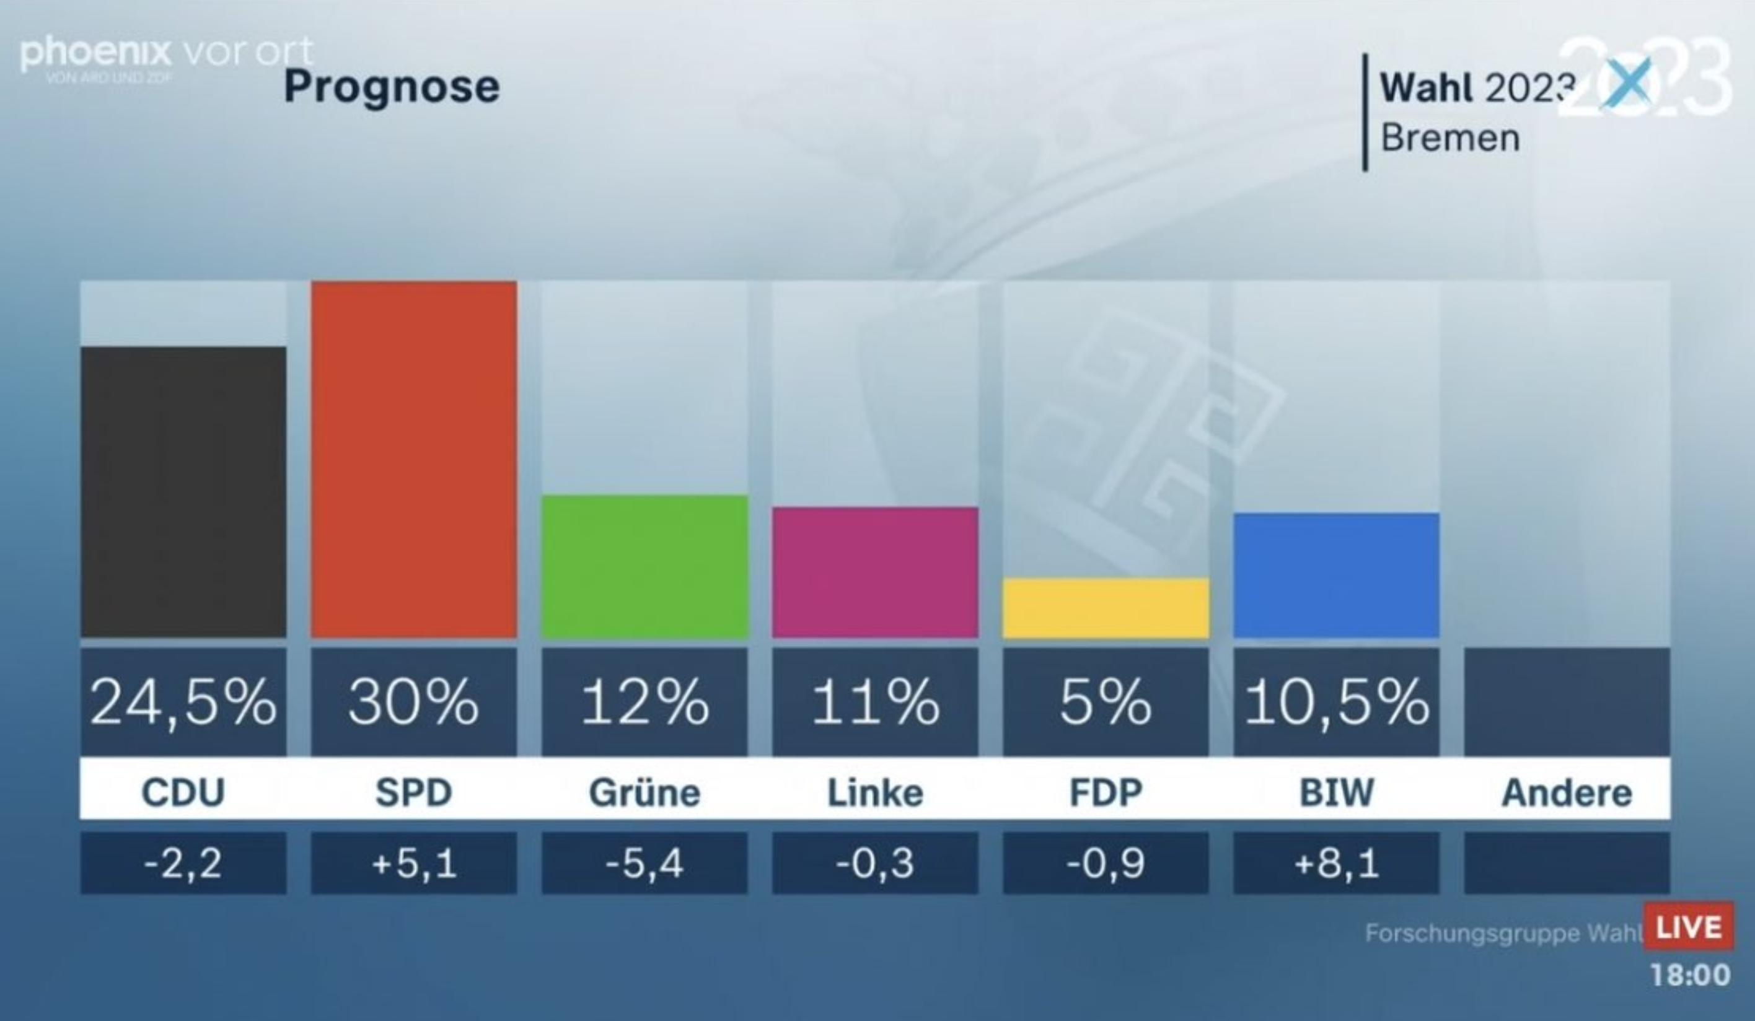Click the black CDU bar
[183, 492]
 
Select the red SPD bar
[414, 460]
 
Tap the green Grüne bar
[644, 566]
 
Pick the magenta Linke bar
[875, 572]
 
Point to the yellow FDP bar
[1105, 607]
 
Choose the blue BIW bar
[1335, 576]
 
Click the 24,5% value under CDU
[183, 703]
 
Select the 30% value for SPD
[414, 703]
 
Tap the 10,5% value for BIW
[1335, 703]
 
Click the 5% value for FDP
[1105, 703]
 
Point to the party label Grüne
[644, 792]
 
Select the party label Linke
[875, 792]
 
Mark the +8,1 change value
[1335, 864]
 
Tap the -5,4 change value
[644, 864]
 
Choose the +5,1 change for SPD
[414, 864]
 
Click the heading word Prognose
[392, 88]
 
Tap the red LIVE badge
[1688, 927]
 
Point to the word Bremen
[1450, 138]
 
